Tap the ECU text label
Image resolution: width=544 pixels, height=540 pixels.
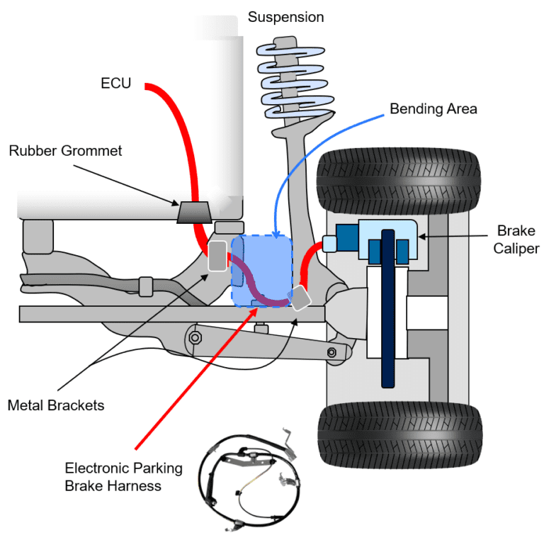tap(115, 84)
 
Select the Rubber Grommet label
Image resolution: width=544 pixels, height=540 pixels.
tap(65, 151)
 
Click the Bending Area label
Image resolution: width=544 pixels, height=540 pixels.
tap(433, 109)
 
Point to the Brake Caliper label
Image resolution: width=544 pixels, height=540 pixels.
tap(517, 240)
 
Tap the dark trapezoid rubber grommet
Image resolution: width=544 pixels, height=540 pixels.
tap(193, 212)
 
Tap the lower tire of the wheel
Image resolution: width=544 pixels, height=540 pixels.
tap(399, 433)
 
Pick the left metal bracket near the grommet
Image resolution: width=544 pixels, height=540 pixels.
tap(217, 256)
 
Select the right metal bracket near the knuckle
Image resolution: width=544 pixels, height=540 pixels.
tap(300, 297)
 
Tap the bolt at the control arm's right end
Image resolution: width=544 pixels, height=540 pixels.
tap(331, 352)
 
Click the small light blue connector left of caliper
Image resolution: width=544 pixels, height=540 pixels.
tap(330, 243)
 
